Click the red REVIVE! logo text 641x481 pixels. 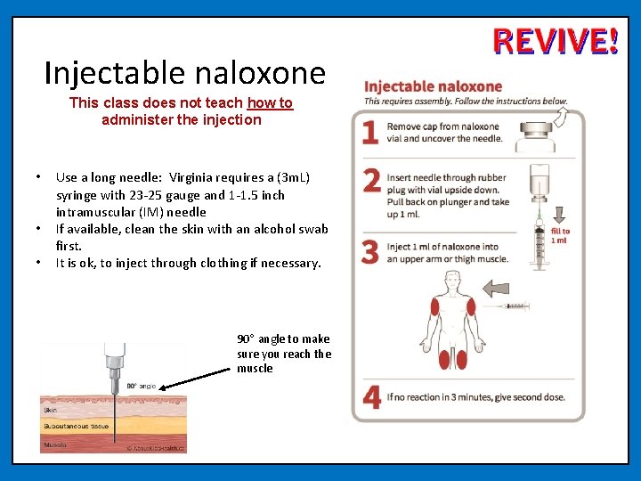(555, 42)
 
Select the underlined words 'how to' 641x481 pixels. (270, 103)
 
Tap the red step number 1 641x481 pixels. (371, 132)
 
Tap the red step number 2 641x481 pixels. (372, 181)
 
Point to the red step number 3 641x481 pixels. (371, 252)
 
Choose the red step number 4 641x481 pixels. (372, 397)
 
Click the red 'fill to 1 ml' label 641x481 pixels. (559, 235)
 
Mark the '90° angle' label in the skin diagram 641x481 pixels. (141, 386)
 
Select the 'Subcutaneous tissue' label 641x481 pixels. (76, 426)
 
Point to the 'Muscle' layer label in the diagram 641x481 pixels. (54, 443)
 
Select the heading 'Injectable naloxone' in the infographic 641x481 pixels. (434, 86)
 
